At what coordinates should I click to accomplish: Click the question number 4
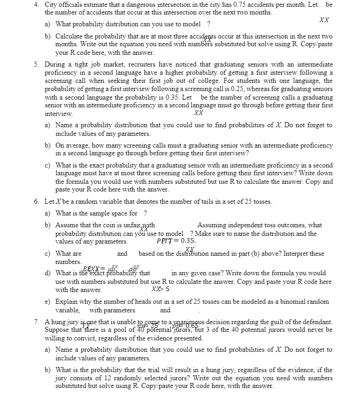tap(36, 5)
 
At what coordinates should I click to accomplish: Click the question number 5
tap(36, 65)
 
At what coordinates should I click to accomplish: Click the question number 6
tap(36, 201)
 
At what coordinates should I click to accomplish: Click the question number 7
tap(36, 322)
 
